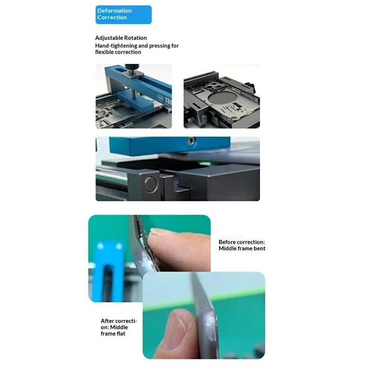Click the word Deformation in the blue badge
(x=114, y=11)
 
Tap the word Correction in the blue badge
(x=112, y=17)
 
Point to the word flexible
(x=106, y=52)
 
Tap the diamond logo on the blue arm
(x=159, y=98)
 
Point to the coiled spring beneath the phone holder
(x=221, y=123)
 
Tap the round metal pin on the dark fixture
(x=151, y=184)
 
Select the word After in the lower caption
(x=107, y=321)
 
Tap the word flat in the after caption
(x=120, y=333)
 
